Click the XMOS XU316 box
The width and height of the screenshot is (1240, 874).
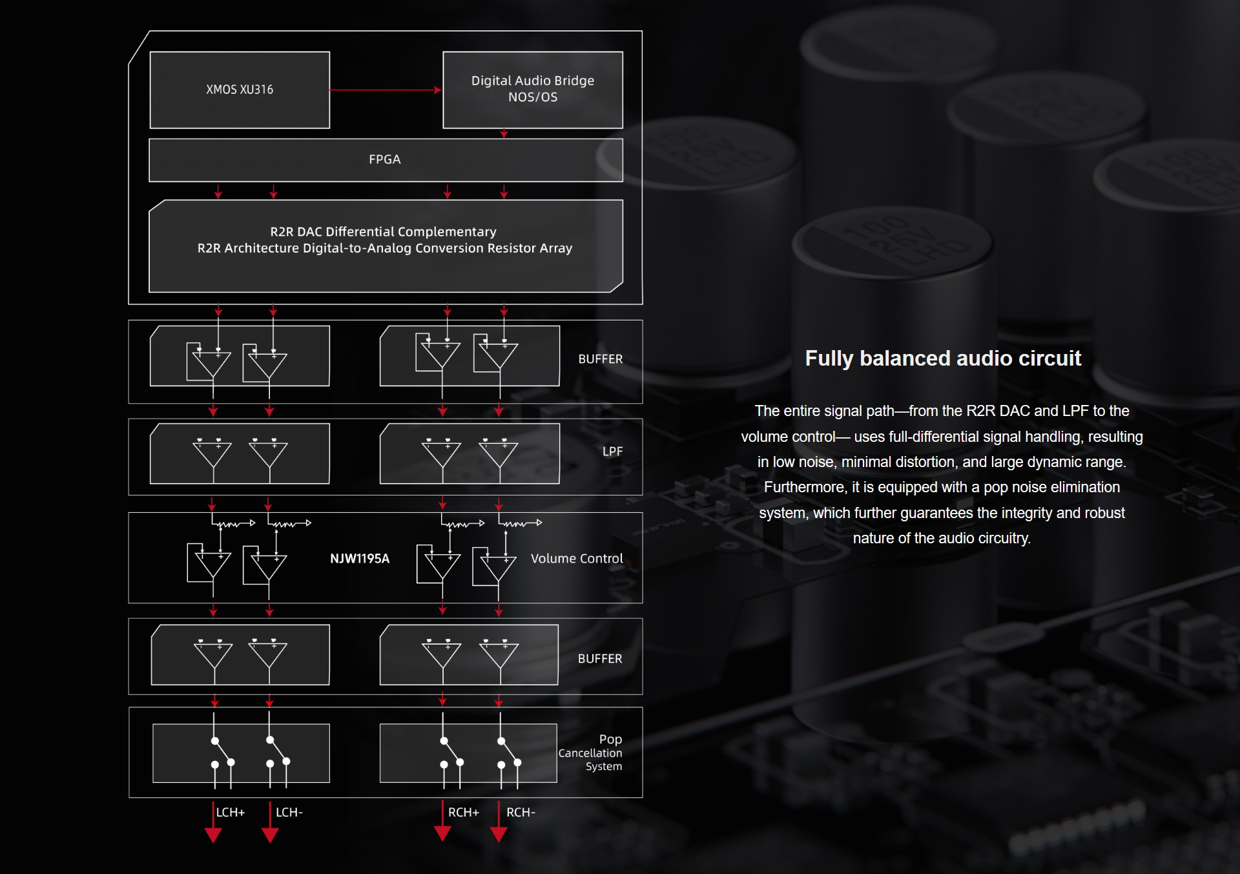pos(240,90)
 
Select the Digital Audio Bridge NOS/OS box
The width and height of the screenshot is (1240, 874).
pos(533,90)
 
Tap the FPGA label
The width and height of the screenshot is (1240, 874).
pos(385,160)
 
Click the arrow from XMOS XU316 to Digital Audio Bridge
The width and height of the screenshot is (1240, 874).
pos(386,90)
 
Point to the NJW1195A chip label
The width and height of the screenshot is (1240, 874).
pos(360,559)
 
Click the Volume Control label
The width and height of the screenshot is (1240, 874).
pos(577,559)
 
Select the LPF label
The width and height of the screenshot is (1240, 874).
pos(612,452)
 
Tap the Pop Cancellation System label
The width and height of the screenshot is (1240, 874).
pos(590,753)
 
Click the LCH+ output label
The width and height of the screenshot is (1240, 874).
pos(231,813)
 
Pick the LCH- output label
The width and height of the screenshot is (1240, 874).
pos(289,813)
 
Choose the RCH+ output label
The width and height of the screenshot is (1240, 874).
pos(464,813)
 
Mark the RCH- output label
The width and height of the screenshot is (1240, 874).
pos(521,813)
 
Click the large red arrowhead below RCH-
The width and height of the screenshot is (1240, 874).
pos(499,834)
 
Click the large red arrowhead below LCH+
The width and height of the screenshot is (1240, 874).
pos(213,835)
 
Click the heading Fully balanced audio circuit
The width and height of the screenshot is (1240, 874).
pos(943,359)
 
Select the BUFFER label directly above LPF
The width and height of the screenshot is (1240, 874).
pos(601,359)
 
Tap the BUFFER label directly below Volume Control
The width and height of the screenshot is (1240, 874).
pos(600,659)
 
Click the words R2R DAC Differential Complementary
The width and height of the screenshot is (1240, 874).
pos(383,232)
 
